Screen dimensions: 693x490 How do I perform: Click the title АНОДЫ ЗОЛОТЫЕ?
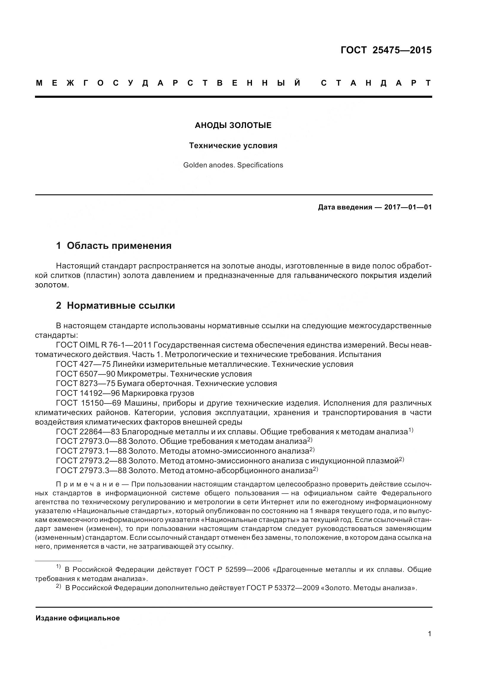[233, 125]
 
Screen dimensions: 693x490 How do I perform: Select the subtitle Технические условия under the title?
[233, 145]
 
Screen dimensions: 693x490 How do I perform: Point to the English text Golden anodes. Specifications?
[233, 165]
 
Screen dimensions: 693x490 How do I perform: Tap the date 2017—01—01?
[408, 207]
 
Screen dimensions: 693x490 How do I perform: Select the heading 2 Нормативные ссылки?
[115, 305]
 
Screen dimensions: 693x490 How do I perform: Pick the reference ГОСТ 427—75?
[83, 364]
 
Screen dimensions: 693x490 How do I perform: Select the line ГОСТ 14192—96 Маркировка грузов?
[125, 393]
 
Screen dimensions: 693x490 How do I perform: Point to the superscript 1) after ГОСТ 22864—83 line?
[411, 430]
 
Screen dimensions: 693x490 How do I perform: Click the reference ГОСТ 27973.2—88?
[91, 461]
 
